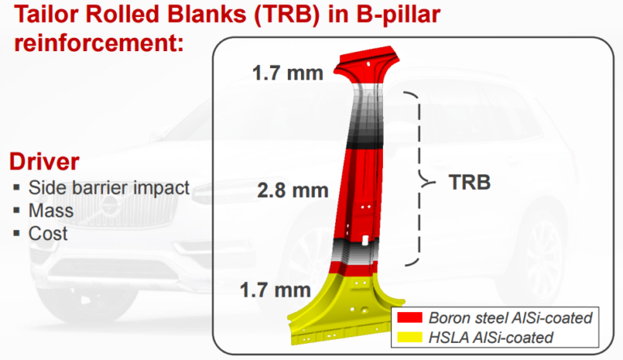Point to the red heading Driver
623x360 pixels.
(45, 160)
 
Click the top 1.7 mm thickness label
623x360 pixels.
(287, 73)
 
